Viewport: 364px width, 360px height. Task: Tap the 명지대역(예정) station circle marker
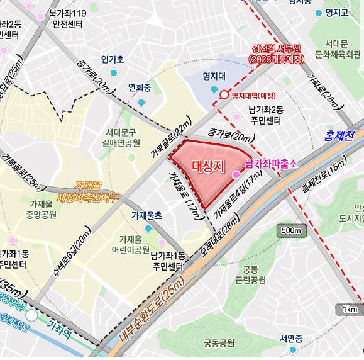pos(224,96)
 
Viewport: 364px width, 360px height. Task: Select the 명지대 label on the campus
pos(214,77)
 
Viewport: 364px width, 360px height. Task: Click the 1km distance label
pos(350,310)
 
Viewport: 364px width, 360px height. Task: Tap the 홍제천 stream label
pos(339,135)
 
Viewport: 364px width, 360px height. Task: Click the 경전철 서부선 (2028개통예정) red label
pos(277,53)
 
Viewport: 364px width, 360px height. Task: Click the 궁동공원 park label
pos(219,343)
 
